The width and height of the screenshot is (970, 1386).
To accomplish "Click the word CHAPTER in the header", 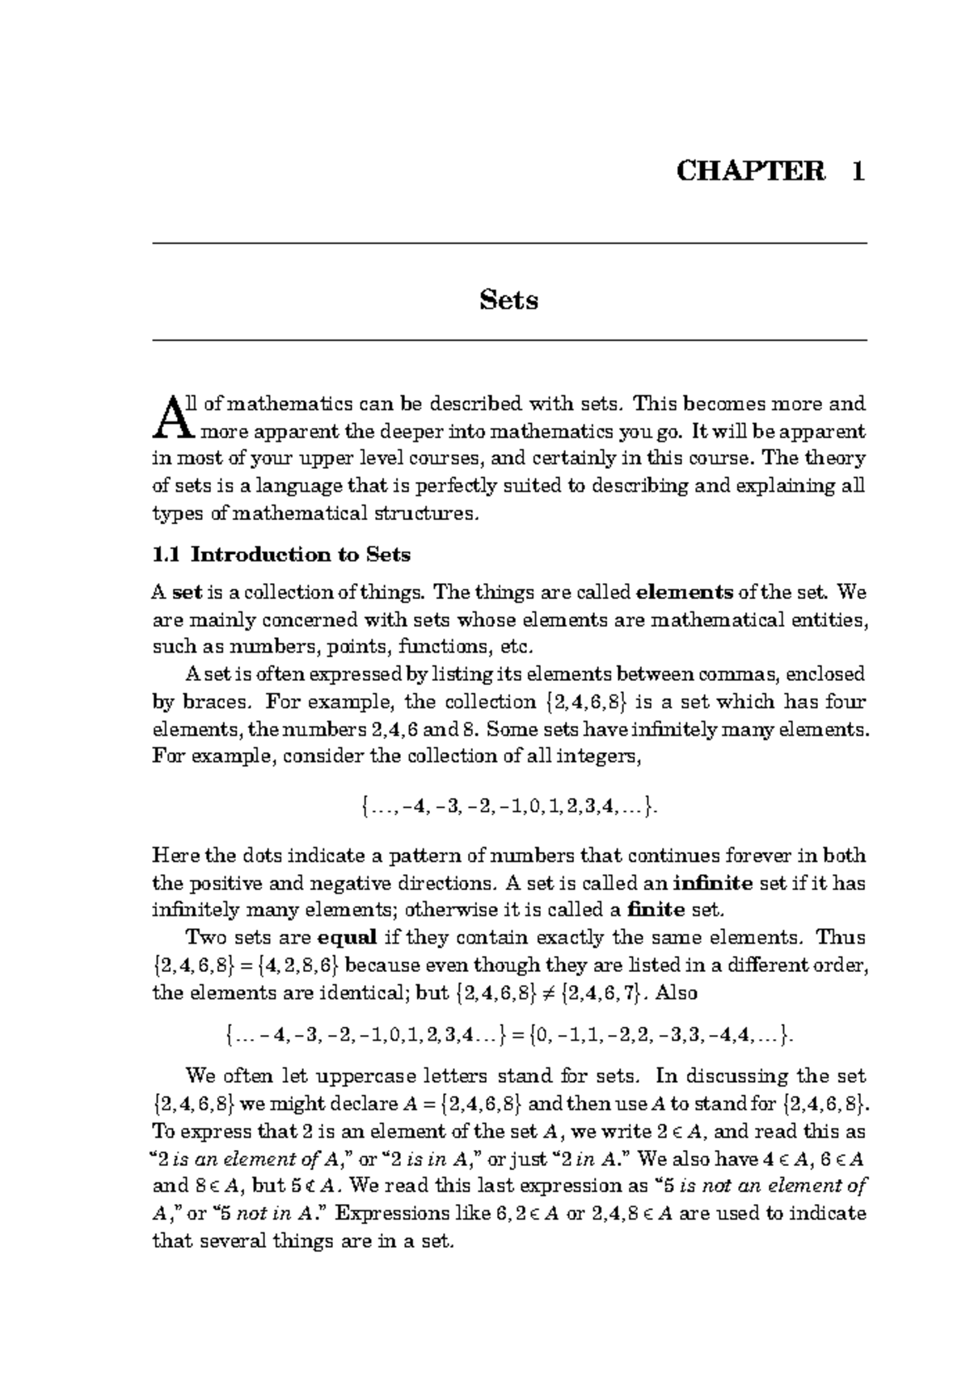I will [751, 171].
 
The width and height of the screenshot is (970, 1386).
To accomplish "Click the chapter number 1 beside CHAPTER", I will [857, 171].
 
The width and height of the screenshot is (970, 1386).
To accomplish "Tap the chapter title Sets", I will [508, 300].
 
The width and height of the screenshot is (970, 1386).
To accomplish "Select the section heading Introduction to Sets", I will [301, 555].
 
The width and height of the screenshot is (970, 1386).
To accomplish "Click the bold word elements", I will [685, 593].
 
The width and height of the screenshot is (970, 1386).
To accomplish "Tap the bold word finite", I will [656, 911].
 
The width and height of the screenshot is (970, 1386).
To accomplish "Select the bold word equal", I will [348, 938].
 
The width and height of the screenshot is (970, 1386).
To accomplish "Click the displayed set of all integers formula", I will [508, 806].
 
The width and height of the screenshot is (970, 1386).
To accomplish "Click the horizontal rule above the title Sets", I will [508, 243].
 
